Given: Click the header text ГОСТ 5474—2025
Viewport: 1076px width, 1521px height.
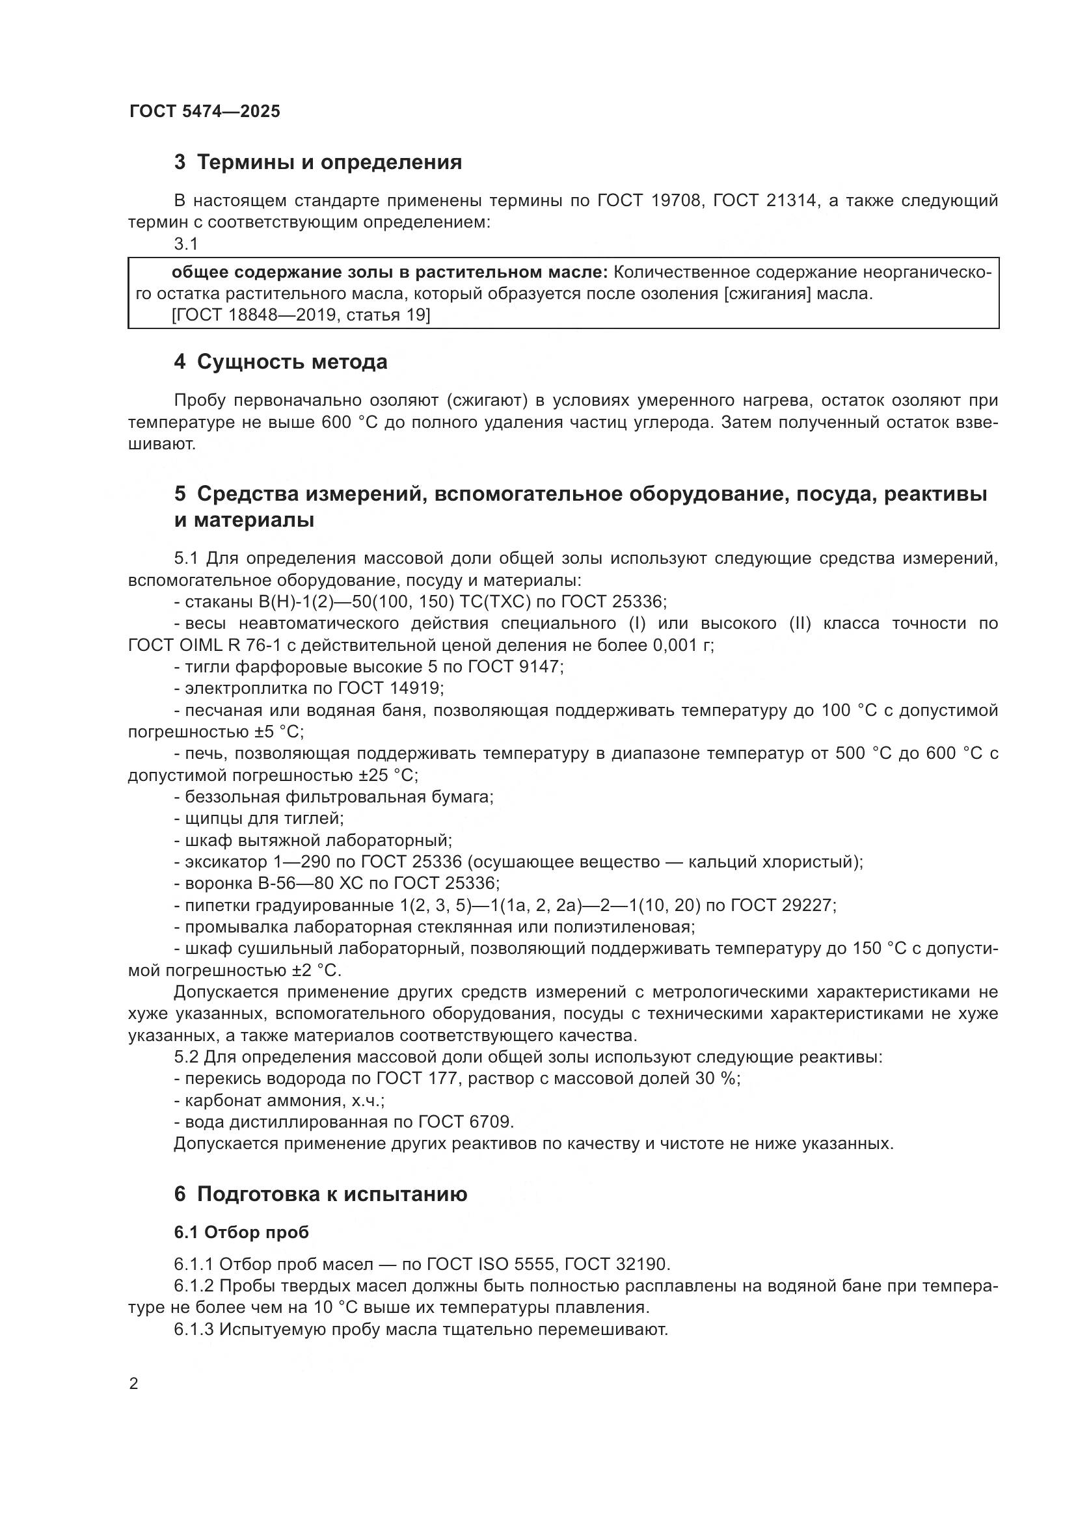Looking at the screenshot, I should coord(205,111).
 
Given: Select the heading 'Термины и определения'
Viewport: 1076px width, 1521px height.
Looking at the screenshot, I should coord(329,162).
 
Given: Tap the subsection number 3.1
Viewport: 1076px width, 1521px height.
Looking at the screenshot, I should coord(186,245).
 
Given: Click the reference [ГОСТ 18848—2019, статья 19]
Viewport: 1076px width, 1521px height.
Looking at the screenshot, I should coord(301,315).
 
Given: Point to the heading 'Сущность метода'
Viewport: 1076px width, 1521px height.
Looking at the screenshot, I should coord(292,362).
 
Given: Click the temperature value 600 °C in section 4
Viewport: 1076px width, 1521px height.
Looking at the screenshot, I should coord(349,422).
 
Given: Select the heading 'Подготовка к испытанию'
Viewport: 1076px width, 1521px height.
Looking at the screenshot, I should coord(332,1194).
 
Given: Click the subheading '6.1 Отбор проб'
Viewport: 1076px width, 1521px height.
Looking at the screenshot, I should coord(241,1232).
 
